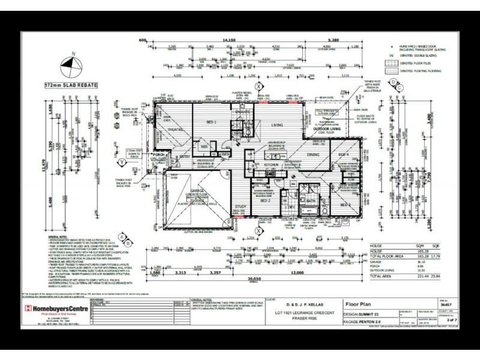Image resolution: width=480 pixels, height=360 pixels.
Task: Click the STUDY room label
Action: point(233,206)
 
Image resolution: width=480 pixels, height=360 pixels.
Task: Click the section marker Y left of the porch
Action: point(122,162)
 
